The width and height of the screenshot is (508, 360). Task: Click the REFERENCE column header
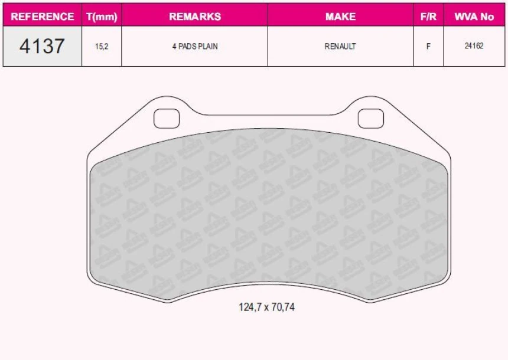(x=43, y=17)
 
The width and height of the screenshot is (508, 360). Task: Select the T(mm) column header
(x=102, y=17)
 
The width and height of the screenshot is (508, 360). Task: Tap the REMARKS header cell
(x=195, y=17)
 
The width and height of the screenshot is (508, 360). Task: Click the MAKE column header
(x=340, y=17)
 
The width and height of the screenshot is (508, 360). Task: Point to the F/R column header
(x=428, y=17)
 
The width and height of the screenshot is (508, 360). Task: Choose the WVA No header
(x=474, y=17)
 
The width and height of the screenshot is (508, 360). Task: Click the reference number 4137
(x=42, y=46)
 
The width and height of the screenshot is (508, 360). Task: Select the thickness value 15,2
(x=102, y=46)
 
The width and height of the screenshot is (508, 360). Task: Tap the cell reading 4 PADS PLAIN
(x=195, y=46)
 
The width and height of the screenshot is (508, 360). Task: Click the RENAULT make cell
(x=340, y=46)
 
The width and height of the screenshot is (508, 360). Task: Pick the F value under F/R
(x=428, y=46)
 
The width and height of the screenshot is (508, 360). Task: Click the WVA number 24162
(x=474, y=45)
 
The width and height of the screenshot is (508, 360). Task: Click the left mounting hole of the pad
(x=166, y=118)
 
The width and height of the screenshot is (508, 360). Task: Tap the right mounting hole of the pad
(x=370, y=118)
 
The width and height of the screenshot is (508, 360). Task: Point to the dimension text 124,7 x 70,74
(x=266, y=307)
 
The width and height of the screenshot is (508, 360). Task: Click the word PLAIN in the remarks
(x=207, y=46)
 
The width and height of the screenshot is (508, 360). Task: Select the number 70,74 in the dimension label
(x=282, y=307)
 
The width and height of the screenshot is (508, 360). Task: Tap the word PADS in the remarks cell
(x=187, y=46)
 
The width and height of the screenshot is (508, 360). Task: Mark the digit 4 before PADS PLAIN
(x=174, y=46)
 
